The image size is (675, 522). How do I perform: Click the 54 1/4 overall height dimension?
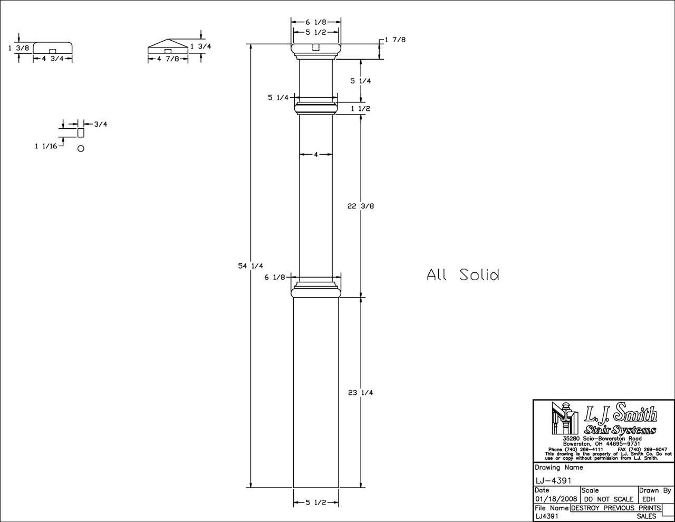[x=250, y=266]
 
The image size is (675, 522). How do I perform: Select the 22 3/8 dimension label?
[x=361, y=206]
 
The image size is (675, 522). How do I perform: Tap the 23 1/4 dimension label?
[x=361, y=393]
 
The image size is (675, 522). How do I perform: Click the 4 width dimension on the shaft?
[x=316, y=155]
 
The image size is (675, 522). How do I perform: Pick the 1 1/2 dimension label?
[x=361, y=109]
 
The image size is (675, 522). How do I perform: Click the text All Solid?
[x=462, y=274]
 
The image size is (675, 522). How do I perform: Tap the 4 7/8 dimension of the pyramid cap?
[x=168, y=59]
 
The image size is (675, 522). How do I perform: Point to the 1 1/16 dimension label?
[x=45, y=146]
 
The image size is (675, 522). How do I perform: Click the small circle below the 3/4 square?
[x=81, y=148]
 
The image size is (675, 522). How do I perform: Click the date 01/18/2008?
[x=556, y=499]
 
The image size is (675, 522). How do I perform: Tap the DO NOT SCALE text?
[x=608, y=499]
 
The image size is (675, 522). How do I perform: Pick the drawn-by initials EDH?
[x=649, y=499]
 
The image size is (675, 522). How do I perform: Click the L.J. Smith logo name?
[x=620, y=413]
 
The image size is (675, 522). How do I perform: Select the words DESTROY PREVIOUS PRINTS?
[x=615, y=508]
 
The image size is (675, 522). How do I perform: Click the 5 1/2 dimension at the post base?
[x=316, y=502]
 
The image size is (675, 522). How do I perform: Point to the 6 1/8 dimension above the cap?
[x=316, y=22]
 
